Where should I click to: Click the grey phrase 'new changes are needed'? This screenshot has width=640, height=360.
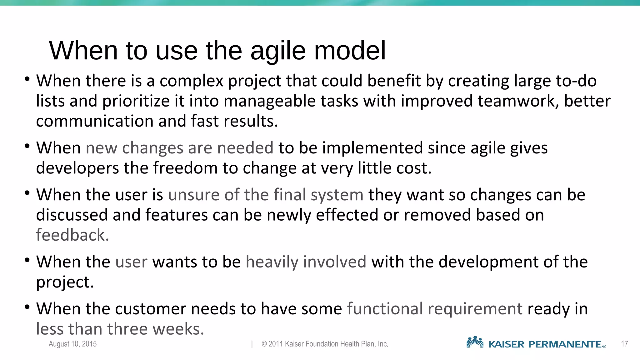(x=179, y=148)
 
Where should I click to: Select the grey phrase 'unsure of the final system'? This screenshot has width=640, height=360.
(x=266, y=195)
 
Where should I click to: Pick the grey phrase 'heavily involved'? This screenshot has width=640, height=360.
(x=306, y=262)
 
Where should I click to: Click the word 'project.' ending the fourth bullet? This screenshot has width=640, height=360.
(x=65, y=282)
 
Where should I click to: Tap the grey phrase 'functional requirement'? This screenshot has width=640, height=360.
(x=434, y=309)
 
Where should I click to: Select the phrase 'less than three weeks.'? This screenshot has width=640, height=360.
(x=120, y=329)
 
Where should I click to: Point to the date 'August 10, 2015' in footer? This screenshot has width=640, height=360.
(x=72, y=344)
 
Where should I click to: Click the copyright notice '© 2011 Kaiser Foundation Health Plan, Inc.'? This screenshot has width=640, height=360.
(x=325, y=344)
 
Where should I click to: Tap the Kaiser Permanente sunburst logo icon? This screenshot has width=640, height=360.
(x=475, y=342)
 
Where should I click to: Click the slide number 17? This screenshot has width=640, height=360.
(x=624, y=344)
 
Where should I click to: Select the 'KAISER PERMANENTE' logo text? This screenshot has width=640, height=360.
(x=545, y=344)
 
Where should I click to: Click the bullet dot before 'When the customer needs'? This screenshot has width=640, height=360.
(x=27, y=307)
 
